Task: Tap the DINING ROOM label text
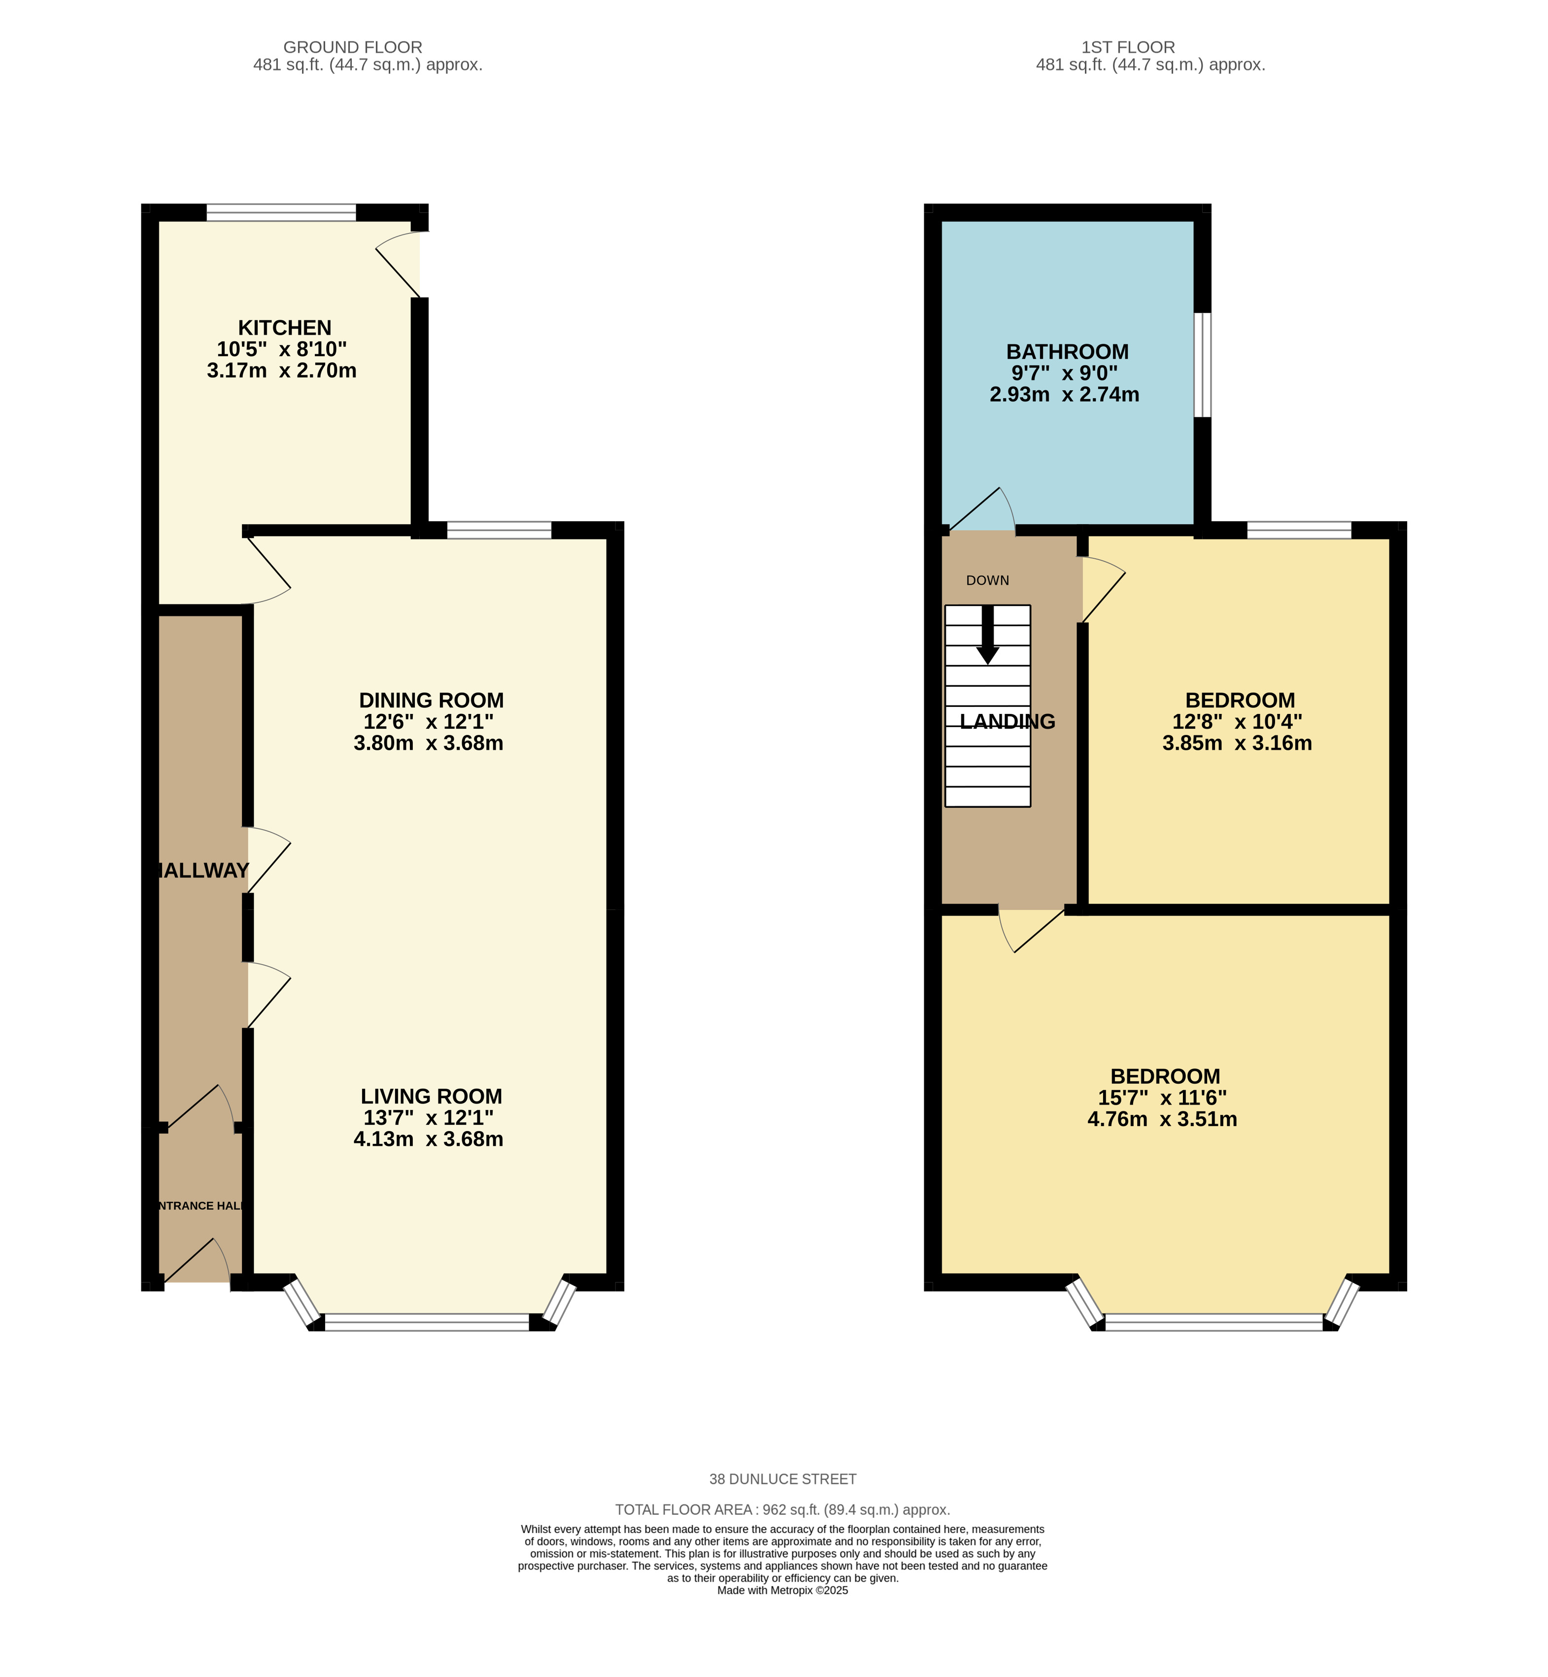coord(432,700)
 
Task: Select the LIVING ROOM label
coord(432,1097)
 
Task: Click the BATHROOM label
coord(1067,352)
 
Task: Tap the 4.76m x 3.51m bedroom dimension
coord(1162,1119)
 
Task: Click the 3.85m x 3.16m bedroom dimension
coord(1237,743)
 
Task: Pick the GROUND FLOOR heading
coord(353,47)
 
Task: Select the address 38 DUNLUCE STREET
coord(782,1479)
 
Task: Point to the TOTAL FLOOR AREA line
coord(782,1509)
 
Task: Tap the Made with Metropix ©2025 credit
coord(782,1590)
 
